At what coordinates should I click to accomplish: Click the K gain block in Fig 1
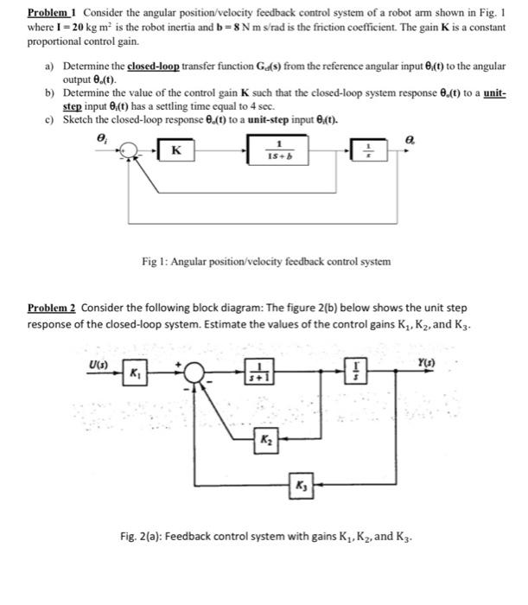pos(175,152)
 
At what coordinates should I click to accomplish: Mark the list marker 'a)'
pos(48,66)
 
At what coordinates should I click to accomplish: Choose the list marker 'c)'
pos(48,120)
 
